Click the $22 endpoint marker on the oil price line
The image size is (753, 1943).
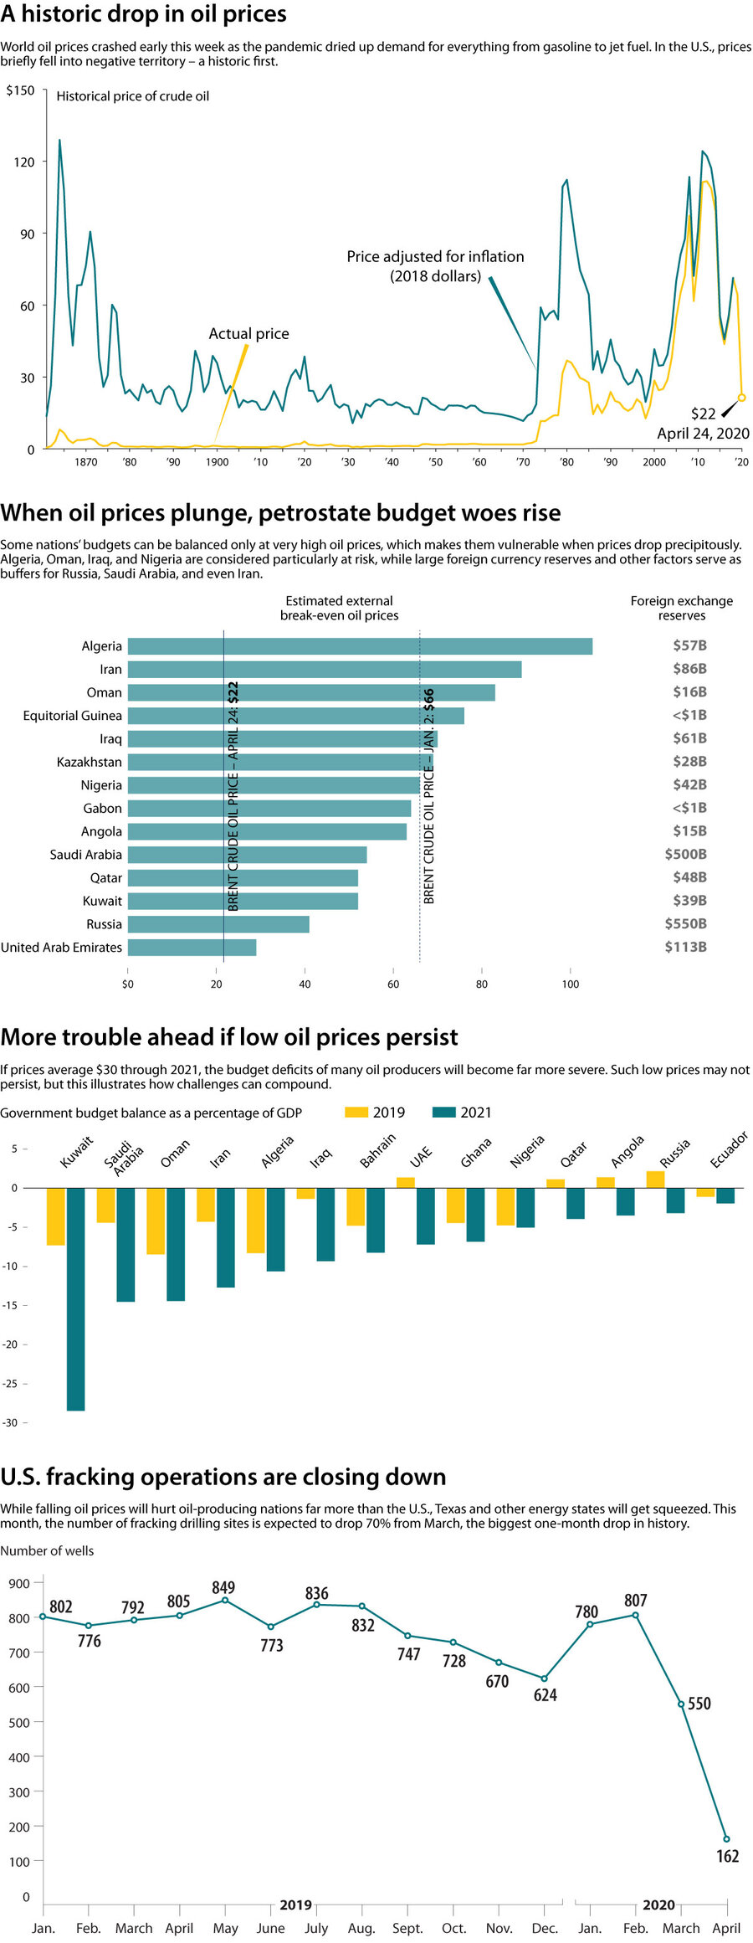(x=741, y=398)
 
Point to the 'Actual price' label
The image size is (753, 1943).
(x=248, y=334)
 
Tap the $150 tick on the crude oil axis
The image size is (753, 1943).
(x=20, y=90)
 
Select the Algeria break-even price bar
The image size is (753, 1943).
(x=360, y=646)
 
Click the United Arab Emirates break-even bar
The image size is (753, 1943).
(x=192, y=948)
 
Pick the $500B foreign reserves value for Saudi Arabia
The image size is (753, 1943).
(x=685, y=855)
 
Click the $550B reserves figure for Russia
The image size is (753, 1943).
(x=685, y=924)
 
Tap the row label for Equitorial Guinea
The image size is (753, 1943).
(x=72, y=716)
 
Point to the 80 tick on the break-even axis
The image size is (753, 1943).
(x=482, y=984)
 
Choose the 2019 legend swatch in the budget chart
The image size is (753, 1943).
(x=356, y=1113)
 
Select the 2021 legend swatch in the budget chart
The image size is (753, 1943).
(x=443, y=1113)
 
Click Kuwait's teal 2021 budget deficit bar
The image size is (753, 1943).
(x=75, y=1298)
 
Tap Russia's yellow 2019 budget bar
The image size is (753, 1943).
(x=655, y=1180)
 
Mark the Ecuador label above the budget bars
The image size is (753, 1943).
(x=728, y=1150)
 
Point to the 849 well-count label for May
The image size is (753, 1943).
(x=223, y=1588)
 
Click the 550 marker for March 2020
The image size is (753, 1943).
(x=681, y=1704)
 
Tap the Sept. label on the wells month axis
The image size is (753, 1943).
(x=407, y=1929)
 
